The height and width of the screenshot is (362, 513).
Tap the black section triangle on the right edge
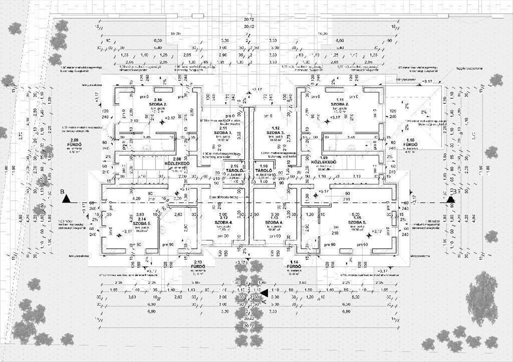[450, 199]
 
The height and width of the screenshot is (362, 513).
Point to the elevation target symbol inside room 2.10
[162, 122]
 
